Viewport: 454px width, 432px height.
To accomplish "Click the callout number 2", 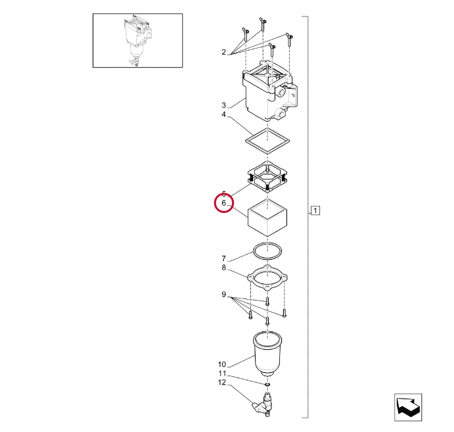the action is click(x=223, y=52).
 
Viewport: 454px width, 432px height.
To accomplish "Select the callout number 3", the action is click(x=223, y=105).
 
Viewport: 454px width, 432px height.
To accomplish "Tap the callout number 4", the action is click(x=223, y=114).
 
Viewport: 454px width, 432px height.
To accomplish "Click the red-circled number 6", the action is click(x=223, y=203).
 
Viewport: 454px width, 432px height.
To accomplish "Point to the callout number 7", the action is click(x=223, y=258).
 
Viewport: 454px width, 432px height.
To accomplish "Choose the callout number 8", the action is click(x=223, y=268).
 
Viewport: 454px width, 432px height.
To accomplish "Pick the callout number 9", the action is click(x=223, y=295).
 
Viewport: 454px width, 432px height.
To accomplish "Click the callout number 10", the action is click(x=222, y=364).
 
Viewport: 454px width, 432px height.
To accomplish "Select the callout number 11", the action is click(x=222, y=373).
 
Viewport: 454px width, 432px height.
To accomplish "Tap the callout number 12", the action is click(x=222, y=383).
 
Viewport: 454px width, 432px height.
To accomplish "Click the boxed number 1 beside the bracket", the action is click(x=315, y=210).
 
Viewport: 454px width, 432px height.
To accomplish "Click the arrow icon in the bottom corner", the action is click(x=408, y=407).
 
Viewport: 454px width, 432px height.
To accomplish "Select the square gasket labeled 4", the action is click(x=246, y=141).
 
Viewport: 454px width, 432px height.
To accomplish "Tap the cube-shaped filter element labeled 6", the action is click(x=267, y=217).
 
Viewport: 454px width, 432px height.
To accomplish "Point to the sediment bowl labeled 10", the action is click(x=267, y=354).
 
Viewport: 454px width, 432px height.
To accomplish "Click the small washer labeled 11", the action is click(x=267, y=385).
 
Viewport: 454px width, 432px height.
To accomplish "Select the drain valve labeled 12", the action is click(x=263, y=404).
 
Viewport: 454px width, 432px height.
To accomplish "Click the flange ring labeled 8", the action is click(x=250, y=277).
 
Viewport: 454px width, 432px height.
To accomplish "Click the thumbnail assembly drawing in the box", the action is click(x=137, y=41).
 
